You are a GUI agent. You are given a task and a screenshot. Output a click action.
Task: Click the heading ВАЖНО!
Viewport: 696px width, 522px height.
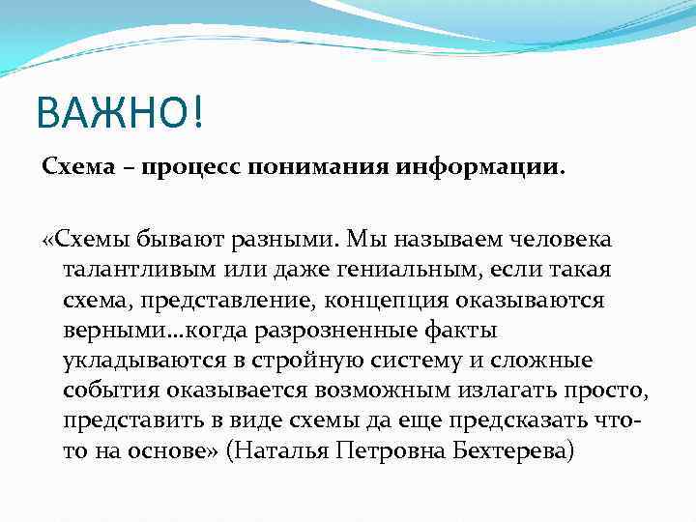(x=121, y=115)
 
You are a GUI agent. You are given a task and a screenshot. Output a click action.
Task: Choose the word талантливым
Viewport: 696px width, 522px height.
(x=135, y=269)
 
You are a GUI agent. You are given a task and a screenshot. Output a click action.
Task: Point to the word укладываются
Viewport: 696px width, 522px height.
(x=143, y=362)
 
